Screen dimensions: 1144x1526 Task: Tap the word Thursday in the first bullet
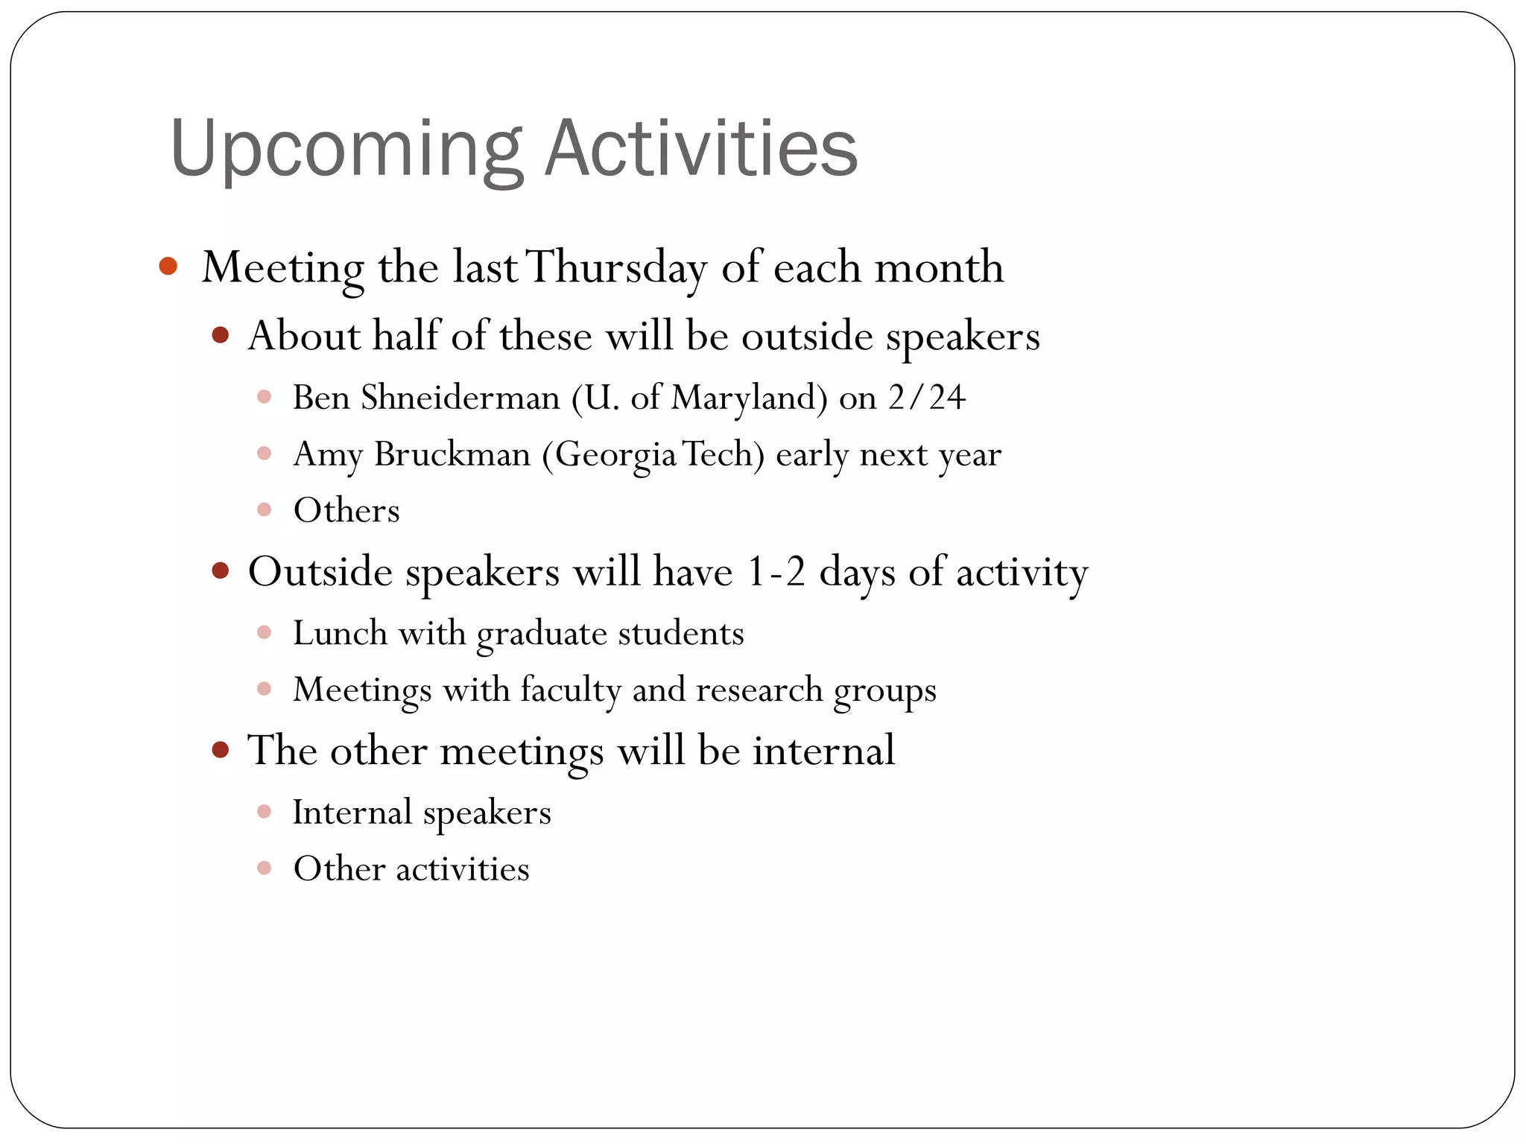click(617, 267)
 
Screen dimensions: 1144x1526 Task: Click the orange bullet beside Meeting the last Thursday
click(168, 266)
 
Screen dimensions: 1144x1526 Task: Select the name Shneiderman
click(460, 398)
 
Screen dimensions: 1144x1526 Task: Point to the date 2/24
click(927, 398)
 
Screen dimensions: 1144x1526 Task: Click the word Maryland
click(748, 398)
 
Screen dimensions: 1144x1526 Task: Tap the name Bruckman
click(452, 454)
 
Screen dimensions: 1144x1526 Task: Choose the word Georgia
click(615, 454)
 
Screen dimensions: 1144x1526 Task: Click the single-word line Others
click(346, 511)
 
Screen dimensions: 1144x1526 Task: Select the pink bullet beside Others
click(264, 510)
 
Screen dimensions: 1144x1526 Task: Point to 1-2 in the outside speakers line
click(776, 573)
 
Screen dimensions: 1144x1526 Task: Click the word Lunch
click(341, 634)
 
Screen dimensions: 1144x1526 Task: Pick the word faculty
click(571, 690)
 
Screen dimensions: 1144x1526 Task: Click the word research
click(759, 690)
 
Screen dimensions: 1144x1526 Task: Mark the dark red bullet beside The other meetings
click(220, 749)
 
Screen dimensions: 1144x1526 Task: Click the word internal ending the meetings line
click(823, 750)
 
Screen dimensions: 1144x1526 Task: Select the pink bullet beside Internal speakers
click(264, 812)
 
